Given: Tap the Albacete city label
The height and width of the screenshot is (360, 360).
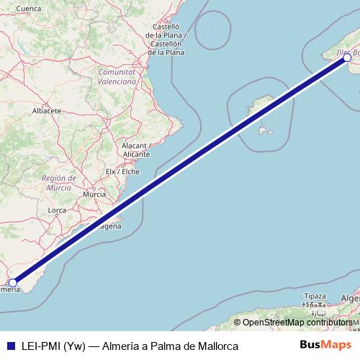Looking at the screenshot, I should pyautogui.click(x=46, y=112).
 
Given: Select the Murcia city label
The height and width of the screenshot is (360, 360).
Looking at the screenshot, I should pyautogui.click(x=94, y=194).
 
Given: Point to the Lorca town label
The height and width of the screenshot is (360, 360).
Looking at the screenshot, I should pyautogui.click(x=57, y=210).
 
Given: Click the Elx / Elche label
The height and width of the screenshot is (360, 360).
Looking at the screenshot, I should pyautogui.click(x=122, y=171).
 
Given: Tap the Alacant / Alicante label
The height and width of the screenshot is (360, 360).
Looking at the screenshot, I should pyautogui.click(x=135, y=150).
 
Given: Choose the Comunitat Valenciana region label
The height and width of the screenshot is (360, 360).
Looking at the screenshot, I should pyautogui.click(x=117, y=77).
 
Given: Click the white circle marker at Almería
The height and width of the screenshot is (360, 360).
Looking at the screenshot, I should pyautogui.click(x=13, y=283).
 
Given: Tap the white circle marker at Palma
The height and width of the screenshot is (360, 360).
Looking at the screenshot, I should pyautogui.click(x=347, y=58).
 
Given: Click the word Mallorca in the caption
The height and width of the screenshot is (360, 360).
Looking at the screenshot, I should pyautogui.click(x=215, y=346).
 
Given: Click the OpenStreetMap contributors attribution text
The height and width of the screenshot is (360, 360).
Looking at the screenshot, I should pyautogui.click(x=299, y=322).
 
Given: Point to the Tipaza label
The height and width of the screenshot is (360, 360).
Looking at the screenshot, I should pyautogui.click(x=315, y=296).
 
